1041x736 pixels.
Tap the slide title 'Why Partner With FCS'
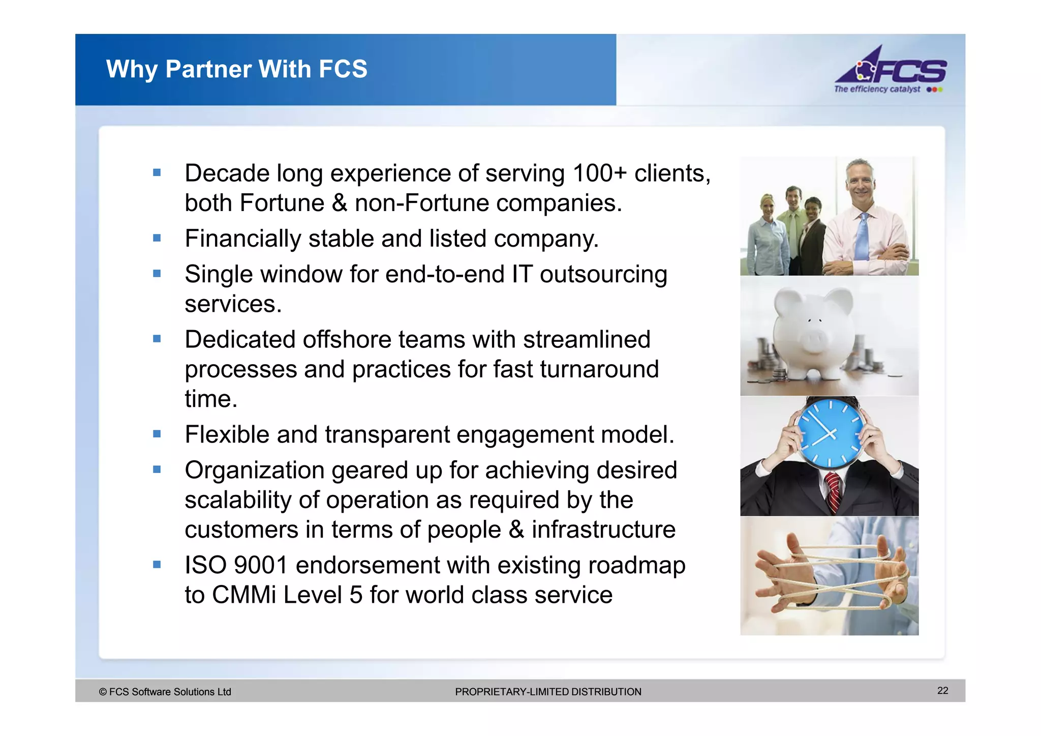coord(236,69)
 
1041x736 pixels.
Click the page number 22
coord(942,690)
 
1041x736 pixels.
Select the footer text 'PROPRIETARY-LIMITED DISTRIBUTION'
coord(548,692)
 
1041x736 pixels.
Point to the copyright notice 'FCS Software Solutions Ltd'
coord(165,692)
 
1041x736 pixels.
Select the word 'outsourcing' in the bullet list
coord(603,275)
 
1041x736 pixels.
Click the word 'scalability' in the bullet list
coord(238,500)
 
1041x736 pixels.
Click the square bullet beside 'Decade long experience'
coord(157,173)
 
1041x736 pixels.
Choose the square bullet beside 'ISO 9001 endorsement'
coord(157,564)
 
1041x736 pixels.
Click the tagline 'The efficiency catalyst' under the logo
coord(877,90)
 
